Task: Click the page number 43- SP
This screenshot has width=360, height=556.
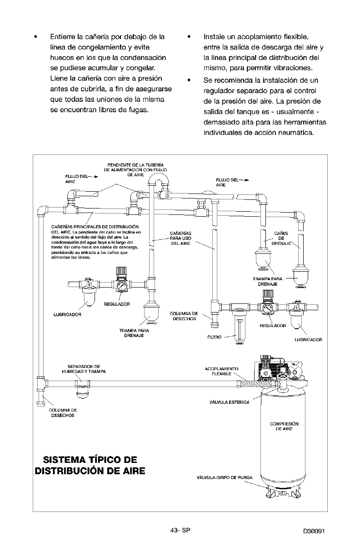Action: click(x=180, y=531)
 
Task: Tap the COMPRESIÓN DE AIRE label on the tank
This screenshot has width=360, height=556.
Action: click(x=284, y=426)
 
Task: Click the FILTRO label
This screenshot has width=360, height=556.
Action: click(x=215, y=338)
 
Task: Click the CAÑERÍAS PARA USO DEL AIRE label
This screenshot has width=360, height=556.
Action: click(x=180, y=238)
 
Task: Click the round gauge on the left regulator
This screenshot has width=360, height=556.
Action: click(x=121, y=286)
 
